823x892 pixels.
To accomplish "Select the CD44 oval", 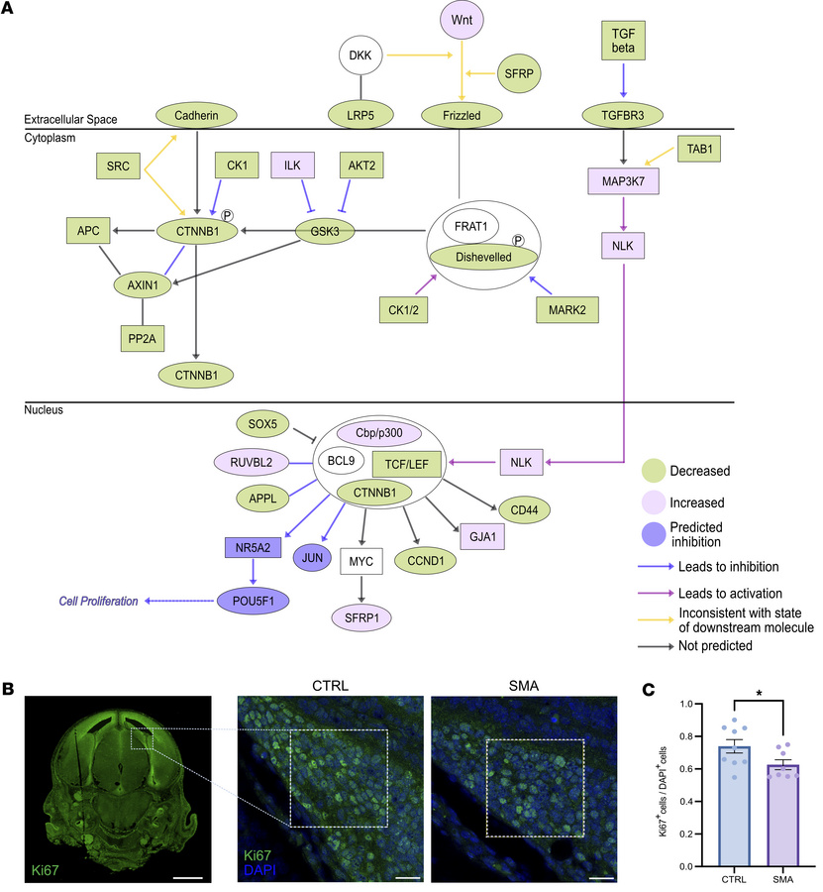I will tap(530, 510).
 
